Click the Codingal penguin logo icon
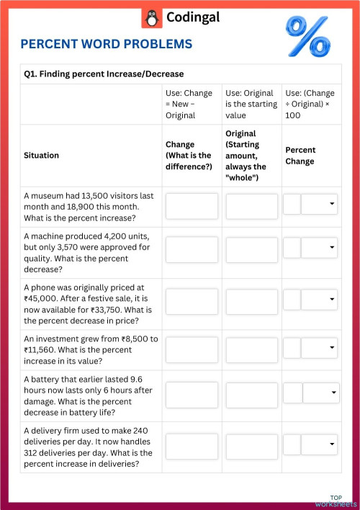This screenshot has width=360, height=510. (x=151, y=18)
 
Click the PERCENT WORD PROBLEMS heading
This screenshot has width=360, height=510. (x=107, y=45)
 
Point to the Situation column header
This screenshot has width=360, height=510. (x=42, y=155)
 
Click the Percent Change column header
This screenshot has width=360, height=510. (x=300, y=156)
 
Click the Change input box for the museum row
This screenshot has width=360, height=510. (x=192, y=206)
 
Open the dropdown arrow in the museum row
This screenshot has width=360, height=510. (x=332, y=205)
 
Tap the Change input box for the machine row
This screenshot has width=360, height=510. (x=192, y=249)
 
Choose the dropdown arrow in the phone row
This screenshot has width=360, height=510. (x=332, y=298)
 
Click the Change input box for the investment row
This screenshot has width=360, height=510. (x=192, y=349)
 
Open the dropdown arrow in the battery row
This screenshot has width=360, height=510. (x=334, y=393)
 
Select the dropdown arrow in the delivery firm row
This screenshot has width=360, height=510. (x=332, y=444)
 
